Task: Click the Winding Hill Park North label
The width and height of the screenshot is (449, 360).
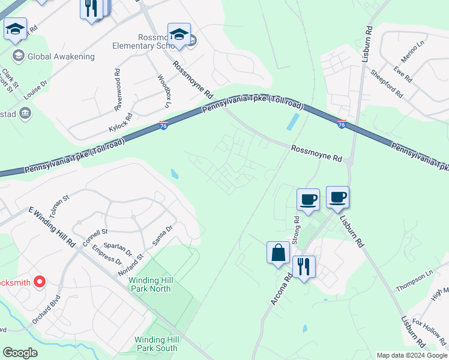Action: click(x=150, y=284)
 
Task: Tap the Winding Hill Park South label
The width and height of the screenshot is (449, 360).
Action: click(x=156, y=344)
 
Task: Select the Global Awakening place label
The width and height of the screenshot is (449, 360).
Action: click(x=61, y=56)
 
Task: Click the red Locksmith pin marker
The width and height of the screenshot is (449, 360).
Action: click(x=40, y=281)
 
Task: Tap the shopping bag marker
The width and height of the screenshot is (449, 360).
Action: click(x=279, y=253)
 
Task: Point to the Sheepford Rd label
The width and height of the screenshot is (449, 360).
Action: click(x=386, y=84)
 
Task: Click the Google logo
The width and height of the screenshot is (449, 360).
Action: click(x=20, y=353)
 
